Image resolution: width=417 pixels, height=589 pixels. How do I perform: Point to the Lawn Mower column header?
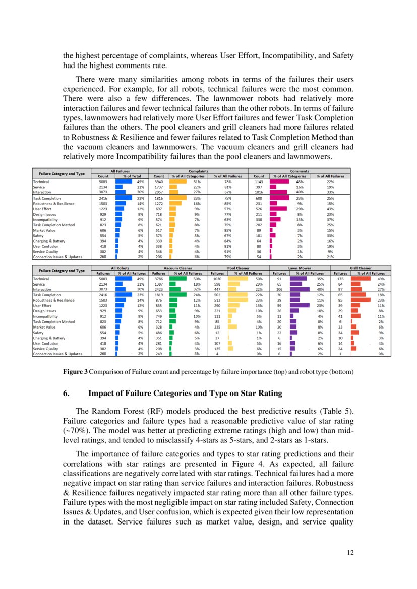pos(300,268)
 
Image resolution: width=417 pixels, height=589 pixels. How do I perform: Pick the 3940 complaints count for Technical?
pos(159,182)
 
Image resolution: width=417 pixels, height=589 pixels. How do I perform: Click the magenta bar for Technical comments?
pos(279,182)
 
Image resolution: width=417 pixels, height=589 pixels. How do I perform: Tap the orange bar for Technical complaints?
pos(178,182)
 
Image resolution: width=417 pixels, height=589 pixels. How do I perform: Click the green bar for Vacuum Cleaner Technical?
pos(177,278)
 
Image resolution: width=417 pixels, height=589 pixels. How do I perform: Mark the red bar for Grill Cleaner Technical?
pos(360,278)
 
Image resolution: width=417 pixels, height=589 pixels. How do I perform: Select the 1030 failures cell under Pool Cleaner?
pos(218,278)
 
